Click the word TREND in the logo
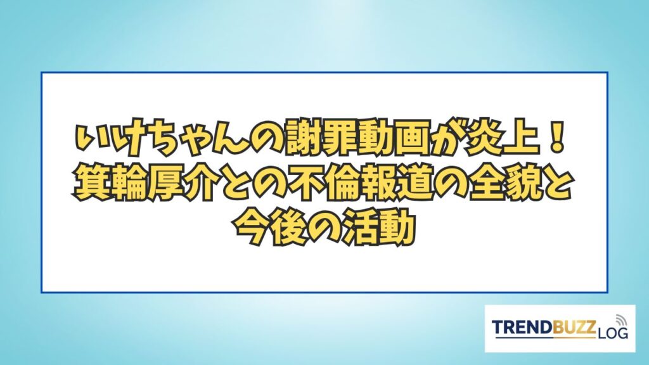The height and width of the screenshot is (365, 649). click(x=522, y=328)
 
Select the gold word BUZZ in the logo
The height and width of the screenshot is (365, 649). click(x=574, y=328)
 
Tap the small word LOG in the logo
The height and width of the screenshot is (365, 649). click(x=612, y=333)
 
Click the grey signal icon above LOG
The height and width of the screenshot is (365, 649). click(x=621, y=320)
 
